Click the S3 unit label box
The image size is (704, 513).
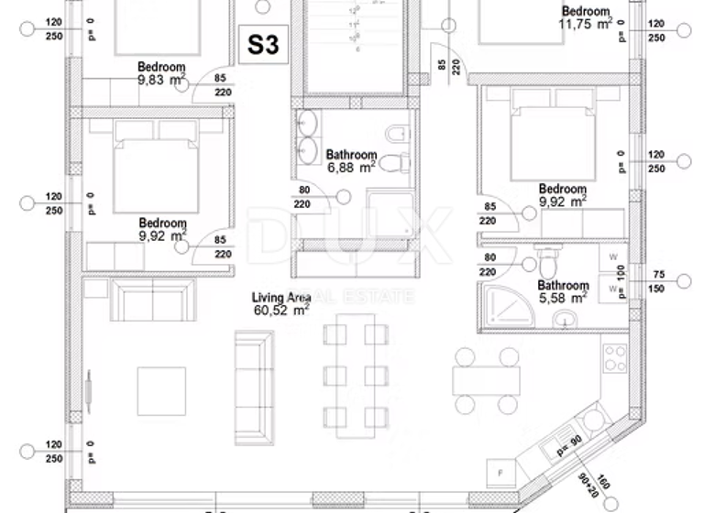(x=263, y=45)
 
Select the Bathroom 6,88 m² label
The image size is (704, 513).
(x=351, y=161)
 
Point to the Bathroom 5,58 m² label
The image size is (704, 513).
(x=563, y=291)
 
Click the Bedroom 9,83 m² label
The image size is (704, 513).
(x=161, y=73)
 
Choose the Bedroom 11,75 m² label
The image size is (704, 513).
(x=586, y=17)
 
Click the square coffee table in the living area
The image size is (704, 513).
(x=161, y=391)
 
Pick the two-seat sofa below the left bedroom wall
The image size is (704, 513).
(x=153, y=301)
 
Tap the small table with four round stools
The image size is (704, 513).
(x=486, y=380)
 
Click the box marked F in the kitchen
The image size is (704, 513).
(x=501, y=473)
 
